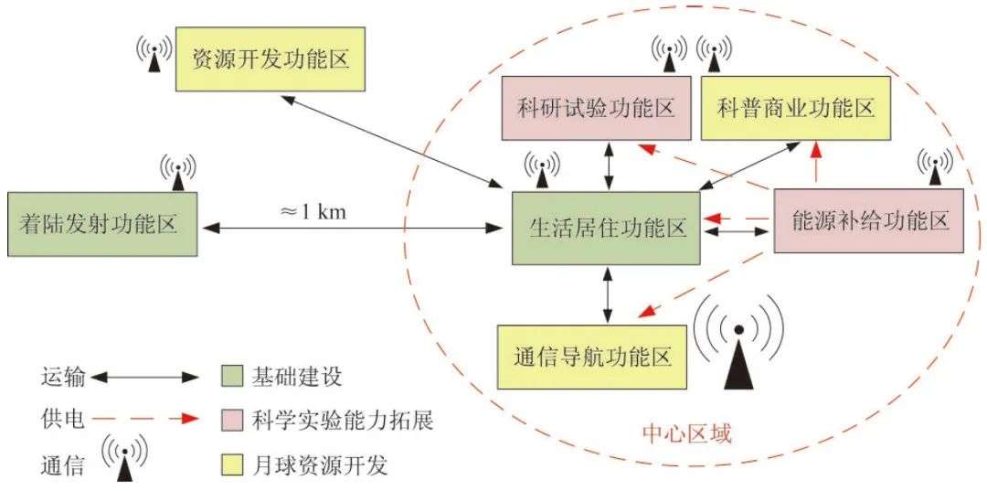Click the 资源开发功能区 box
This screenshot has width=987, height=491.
(271, 59)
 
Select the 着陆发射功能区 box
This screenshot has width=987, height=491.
(102, 224)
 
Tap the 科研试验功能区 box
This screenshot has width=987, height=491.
(596, 109)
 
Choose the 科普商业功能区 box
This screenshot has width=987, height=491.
(795, 109)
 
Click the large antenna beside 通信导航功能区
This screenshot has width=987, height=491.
(738, 352)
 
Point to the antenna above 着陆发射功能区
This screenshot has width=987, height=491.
(178, 170)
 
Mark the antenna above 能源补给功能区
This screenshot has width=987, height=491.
(934, 166)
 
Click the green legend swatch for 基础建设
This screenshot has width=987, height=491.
(232, 377)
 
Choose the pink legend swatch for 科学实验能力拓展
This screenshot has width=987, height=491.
(232, 420)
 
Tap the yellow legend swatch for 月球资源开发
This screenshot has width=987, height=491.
(232, 464)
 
